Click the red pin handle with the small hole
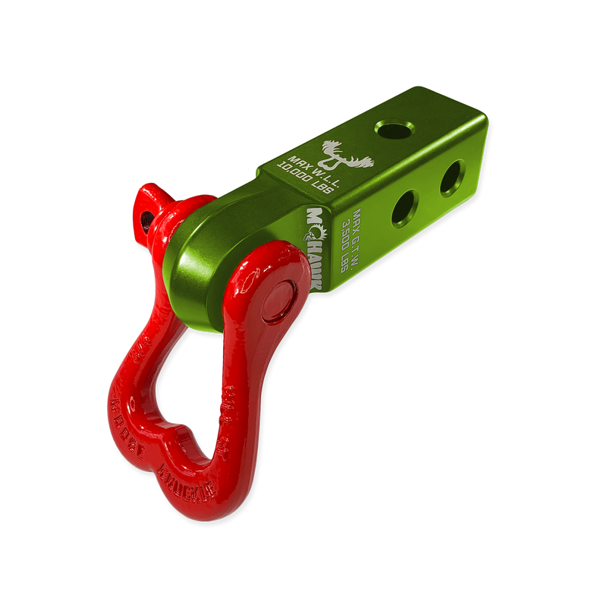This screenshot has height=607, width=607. pos(146,209)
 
